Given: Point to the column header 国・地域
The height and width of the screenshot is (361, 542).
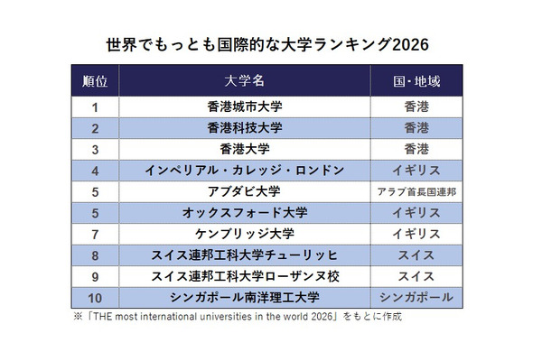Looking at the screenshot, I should pos(416,80).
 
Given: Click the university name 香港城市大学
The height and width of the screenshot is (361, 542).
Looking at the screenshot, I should pos(245,106).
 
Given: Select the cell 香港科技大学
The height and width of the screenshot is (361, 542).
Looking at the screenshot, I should pos(245,127).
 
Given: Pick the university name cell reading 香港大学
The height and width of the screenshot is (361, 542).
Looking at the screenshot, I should pos(245,149).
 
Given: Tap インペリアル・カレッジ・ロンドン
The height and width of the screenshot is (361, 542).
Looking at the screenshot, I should pos(245,170).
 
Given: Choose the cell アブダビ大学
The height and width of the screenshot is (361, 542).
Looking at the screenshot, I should pos(245,191).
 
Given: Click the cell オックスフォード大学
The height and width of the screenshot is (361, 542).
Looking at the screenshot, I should pos(245,213).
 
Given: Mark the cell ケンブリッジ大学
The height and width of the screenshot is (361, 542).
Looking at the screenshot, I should pos(245,234).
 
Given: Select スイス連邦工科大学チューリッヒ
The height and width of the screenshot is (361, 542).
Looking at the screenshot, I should pos(245,255).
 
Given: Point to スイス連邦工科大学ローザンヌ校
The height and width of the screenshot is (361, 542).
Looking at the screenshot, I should pos(245,276).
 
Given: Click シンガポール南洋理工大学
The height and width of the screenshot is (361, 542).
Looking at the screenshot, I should pos(245,298).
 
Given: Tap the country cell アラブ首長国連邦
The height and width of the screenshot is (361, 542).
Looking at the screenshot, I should pos(416,191).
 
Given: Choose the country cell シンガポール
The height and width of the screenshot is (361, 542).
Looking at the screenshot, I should pos(416,298).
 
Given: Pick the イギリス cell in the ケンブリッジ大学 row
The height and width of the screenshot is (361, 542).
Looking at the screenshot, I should pos(416,234).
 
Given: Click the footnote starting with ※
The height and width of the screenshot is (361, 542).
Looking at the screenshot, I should pos(236,317).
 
